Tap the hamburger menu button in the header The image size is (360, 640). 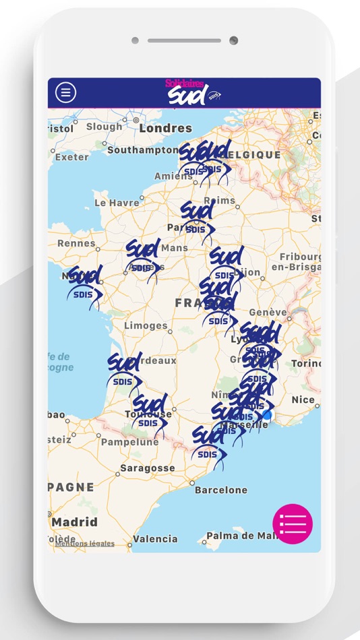coord(65,93)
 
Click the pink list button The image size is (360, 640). coord(293,523)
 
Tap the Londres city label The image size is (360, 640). coord(166,128)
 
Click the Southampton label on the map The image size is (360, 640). coord(143,150)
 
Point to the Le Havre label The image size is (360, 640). coord(117,202)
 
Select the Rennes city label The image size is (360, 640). coord(76,243)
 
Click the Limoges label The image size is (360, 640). coord(146,325)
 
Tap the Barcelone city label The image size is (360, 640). coord(220,490)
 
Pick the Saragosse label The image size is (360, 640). coord(147,468)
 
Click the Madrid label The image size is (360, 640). coord(74,521)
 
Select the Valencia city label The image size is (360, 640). coord(155,539)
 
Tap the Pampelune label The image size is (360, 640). coord(129,442)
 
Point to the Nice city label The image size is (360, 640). coord(303,399)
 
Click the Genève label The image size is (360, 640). coord(268,313)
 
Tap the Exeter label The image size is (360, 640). coord(71,157)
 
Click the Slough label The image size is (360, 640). coord(104,126)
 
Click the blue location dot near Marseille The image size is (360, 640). coord(267,415)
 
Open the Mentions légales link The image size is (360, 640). coord(85,544)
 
